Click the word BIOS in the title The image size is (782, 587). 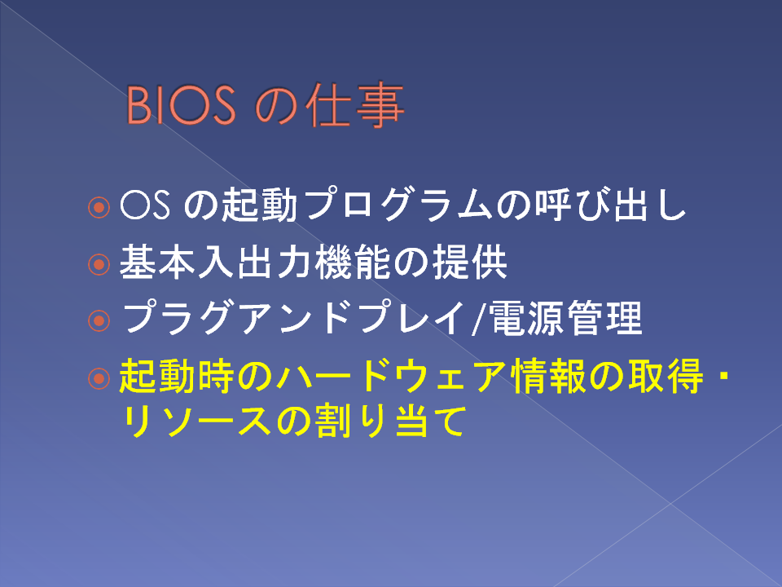[181, 105]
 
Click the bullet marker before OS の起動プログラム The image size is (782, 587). [99, 206]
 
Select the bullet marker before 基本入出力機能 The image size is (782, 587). [99, 263]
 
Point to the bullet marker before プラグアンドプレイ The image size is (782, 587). [99, 320]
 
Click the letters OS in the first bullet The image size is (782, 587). [145, 205]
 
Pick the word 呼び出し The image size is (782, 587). [611, 205]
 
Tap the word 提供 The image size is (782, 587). [470, 262]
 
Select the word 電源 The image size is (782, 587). [527, 319]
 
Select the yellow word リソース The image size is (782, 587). [196, 421]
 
